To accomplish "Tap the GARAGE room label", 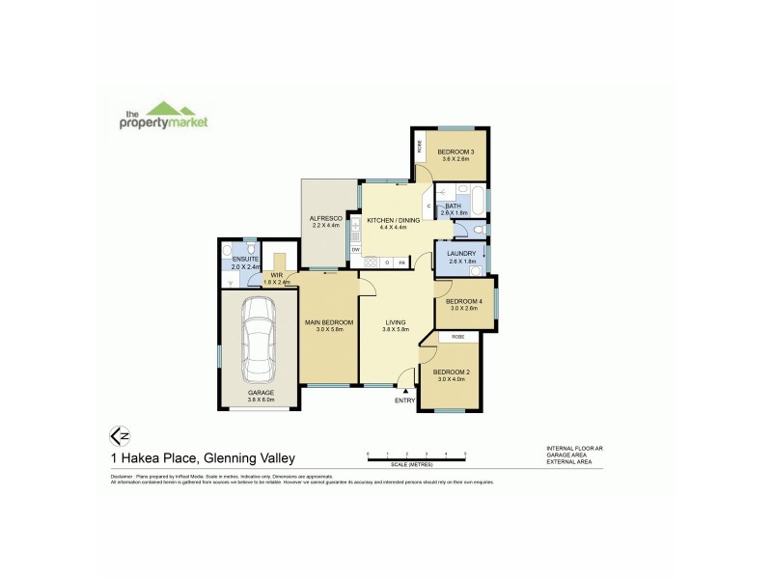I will (261, 393).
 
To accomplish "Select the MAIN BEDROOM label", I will (329, 321).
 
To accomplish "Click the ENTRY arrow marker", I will (404, 390).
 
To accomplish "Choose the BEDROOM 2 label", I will (451, 372).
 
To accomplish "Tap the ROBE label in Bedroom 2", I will (458, 336).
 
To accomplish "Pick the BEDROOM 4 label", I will (465, 301).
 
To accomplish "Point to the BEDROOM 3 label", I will (454, 152).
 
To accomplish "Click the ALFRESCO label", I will (326, 219).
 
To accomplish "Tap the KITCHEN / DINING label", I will (393, 221).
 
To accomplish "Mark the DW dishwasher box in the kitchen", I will (356, 250).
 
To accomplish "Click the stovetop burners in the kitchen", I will (370, 262).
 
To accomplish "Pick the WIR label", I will (276, 274).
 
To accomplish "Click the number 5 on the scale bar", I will (465, 453).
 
